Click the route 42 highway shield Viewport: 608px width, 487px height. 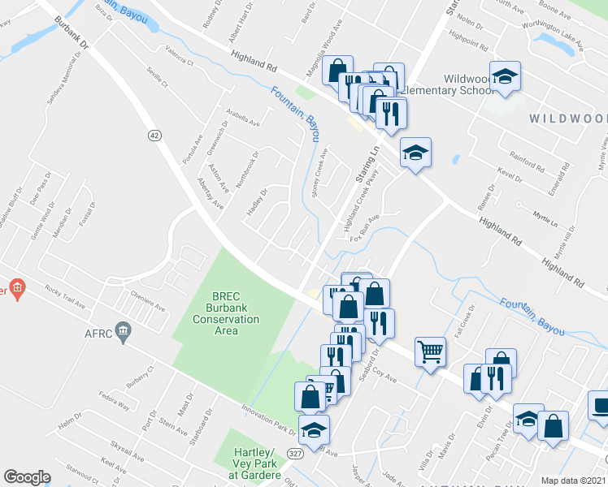(154, 136)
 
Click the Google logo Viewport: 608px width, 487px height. (27, 477)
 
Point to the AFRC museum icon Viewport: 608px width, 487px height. (124, 330)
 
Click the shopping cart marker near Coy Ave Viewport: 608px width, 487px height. (430, 351)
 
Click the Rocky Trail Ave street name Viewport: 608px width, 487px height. (66, 298)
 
